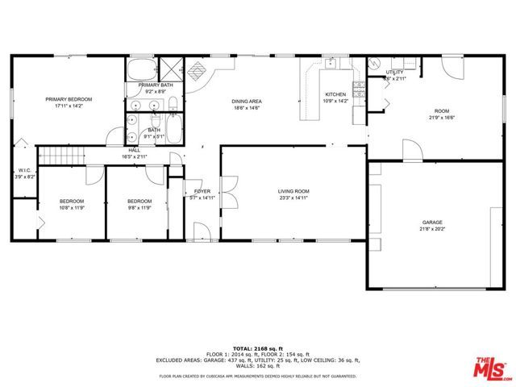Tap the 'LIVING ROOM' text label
[293, 191]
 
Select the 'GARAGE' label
[432, 222]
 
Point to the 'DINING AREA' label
[246, 101]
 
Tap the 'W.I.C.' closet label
[24, 170]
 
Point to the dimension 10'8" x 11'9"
[71, 208]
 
